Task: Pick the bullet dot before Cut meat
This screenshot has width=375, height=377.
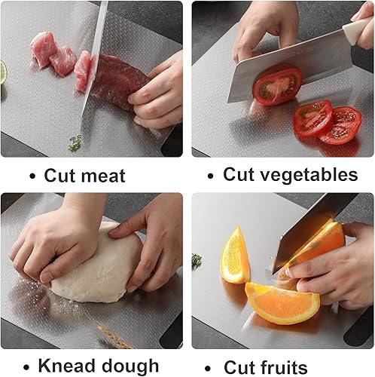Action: [x=32, y=177]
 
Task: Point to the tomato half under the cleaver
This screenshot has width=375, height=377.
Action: [x=276, y=86]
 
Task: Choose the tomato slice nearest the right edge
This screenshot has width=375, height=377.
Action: [x=343, y=124]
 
